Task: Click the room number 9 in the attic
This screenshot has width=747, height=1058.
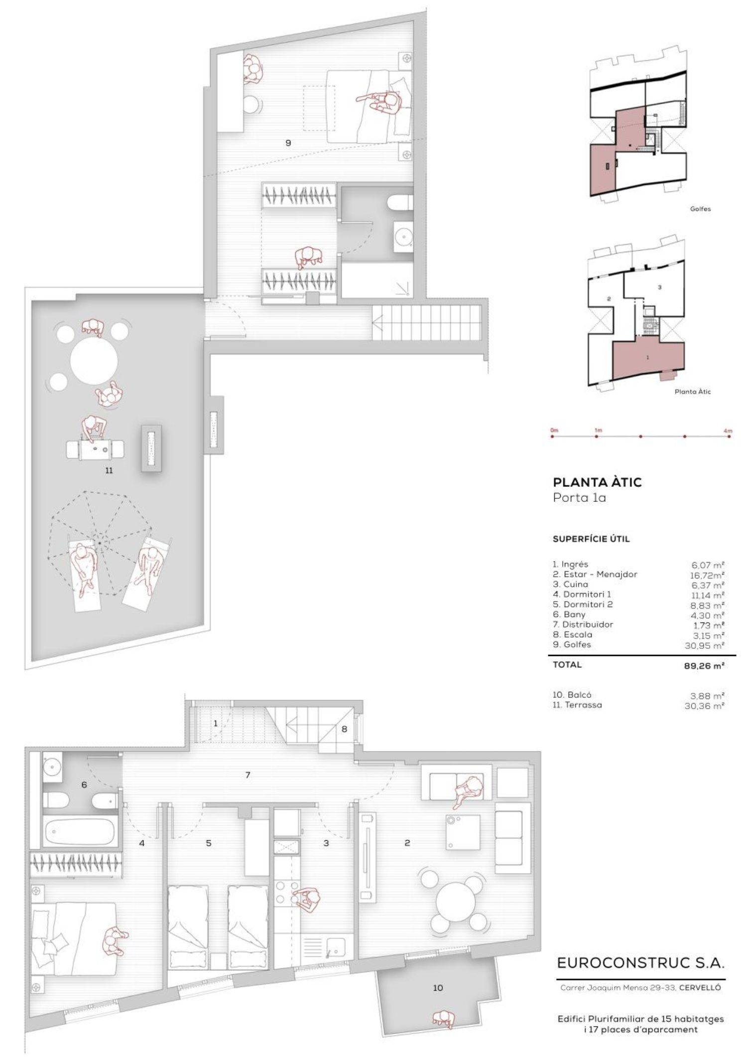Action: (288, 143)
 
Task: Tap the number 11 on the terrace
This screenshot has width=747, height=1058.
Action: (109, 470)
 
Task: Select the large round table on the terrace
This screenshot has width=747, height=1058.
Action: (94, 361)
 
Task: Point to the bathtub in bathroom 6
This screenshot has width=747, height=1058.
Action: (80, 830)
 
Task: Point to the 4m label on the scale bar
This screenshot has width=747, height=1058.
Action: (728, 430)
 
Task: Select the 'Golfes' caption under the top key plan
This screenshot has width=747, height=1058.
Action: (700, 209)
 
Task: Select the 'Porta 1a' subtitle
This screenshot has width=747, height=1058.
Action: (580, 498)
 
